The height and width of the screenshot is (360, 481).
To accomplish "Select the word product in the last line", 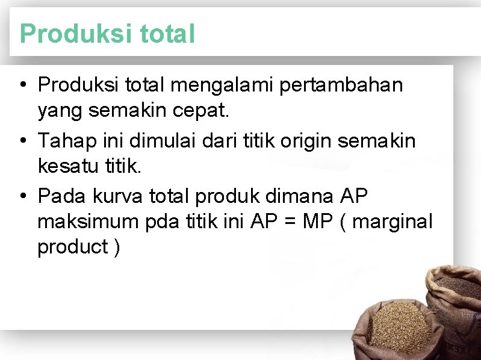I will tap(72, 247).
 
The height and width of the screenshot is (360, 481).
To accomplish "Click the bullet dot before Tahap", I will tap(22, 141).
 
